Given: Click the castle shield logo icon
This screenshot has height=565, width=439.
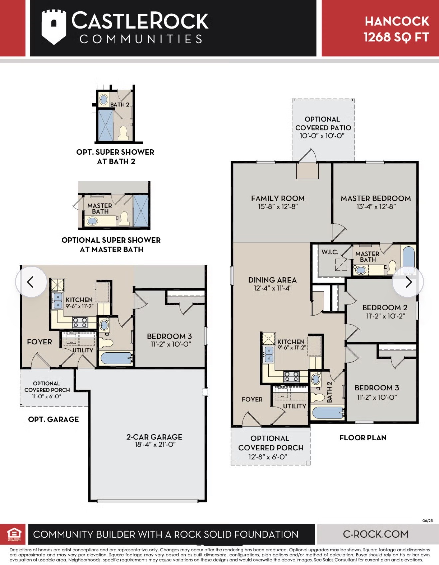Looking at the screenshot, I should pyautogui.click(x=53, y=27).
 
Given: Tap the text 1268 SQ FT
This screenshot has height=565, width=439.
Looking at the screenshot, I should pyautogui.click(x=396, y=37).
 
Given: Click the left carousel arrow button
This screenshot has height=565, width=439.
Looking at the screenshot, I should pyautogui.click(x=31, y=282).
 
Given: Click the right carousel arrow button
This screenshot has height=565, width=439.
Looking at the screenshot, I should pyautogui.click(x=408, y=282).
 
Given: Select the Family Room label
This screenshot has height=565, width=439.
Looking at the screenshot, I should pyautogui.click(x=278, y=198).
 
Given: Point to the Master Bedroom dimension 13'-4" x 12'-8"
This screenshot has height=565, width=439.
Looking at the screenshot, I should pyautogui.click(x=376, y=207).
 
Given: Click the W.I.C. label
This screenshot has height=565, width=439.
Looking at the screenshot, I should pyautogui.click(x=330, y=252).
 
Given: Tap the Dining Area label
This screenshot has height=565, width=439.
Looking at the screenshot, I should pyautogui.click(x=272, y=280).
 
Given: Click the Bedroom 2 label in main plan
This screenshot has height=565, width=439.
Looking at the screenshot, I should pyautogui.click(x=385, y=308).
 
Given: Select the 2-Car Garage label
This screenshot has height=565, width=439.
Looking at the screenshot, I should pyautogui.click(x=154, y=437).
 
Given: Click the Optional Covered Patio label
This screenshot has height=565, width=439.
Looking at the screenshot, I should pyautogui.click(x=323, y=123).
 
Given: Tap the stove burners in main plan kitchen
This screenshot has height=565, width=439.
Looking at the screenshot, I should pyautogui.click(x=291, y=376).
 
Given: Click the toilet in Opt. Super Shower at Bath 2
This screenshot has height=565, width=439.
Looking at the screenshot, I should pyautogui.click(x=123, y=133).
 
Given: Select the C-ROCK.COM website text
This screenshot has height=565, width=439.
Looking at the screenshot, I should pyautogui.click(x=375, y=534).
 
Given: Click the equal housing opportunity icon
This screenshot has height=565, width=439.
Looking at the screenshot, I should pyautogui.click(x=14, y=534).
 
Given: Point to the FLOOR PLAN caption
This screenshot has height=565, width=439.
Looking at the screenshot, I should pyautogui.click(x=363, y=438).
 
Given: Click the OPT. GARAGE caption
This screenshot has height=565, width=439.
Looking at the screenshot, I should pyautogui.click(x=54, y=419).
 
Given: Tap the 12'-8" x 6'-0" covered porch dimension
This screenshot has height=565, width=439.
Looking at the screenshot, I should pyautogui.click(x=268, y=457).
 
